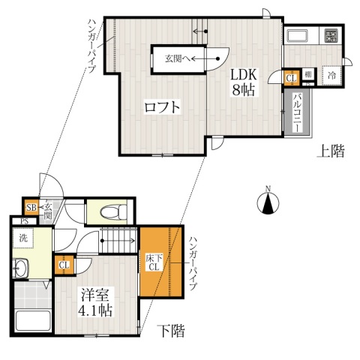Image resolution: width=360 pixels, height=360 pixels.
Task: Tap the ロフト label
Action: [x=162, y=107]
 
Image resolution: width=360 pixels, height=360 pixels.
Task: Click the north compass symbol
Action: [x=268, y=201]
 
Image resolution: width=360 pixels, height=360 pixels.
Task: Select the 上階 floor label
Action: [x=330, y=151]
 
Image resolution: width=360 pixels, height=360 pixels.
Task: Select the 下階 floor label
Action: [x=172, y=330]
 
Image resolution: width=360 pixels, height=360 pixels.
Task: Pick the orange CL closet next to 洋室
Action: [x=64, y=265]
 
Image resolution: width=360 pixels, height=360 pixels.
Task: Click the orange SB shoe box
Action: [x=31, y=208]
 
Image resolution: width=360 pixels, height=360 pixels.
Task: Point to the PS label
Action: [x=24, y=221]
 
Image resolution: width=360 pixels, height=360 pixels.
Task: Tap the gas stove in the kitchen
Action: [x=330, y=36]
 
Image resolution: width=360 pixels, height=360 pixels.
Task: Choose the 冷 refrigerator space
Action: [x=330, y=75]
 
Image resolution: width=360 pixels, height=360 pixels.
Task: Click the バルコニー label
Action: [x=297, y=112]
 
